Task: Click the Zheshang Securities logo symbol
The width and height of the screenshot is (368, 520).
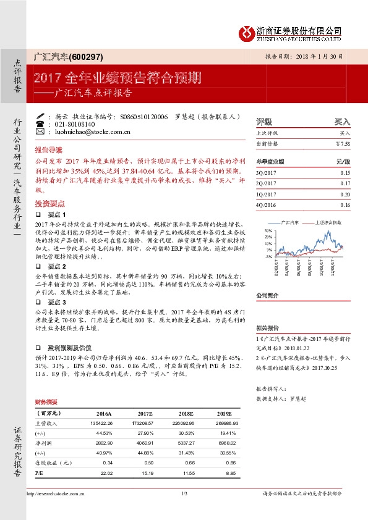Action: click(249, 32)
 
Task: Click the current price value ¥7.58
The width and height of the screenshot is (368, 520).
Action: click(343, 143)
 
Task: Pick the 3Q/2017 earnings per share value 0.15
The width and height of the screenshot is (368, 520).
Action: click(345, 173)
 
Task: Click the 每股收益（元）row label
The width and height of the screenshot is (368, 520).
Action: click(54, 463)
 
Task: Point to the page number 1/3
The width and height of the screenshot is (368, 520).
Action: click(184, 493)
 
